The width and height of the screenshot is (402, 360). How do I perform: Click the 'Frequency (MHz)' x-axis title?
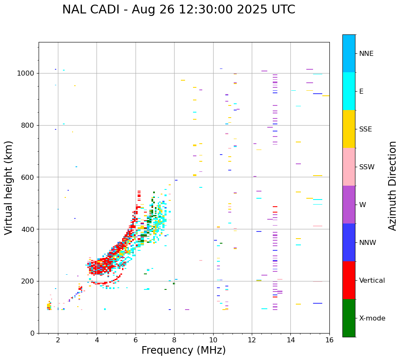pyautogui.click(x=183, y=350)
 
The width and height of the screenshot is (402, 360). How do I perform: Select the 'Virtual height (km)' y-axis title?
pyautogui.click(x=9, y=187)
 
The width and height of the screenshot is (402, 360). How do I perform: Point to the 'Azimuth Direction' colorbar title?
pyautogui.click(x=392, y=185)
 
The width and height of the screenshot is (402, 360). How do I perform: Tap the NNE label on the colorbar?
pyautogui.click(x=366, y=54)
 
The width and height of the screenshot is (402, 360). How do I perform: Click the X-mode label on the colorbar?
pyautogui.click(x=372, y=318)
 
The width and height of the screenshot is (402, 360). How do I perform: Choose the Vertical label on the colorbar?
pyautogui.click(x=372, y=281)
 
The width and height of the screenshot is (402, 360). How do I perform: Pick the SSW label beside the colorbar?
pyautogui.click(x=366, y=167)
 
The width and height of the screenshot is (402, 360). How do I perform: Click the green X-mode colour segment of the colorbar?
pyautogui.click(x=349, y=318)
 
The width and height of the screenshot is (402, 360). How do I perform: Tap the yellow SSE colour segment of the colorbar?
pyautogui.click(x=349, y=129)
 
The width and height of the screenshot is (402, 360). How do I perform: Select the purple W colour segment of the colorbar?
pyautogui.click(x=349, y=205)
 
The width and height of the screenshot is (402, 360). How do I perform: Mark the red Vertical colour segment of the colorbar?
pyautogui.click(x=349, y=280)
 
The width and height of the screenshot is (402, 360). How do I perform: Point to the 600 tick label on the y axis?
pyautogui.click(x=28, y=177)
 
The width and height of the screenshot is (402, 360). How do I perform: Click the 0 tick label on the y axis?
pyautogui.click(x=33, y=333)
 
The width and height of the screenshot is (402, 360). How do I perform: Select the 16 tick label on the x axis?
pyautogui.click(x=329, y=340)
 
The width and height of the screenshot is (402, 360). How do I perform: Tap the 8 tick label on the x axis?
pyautogui.click(x=174, y=340)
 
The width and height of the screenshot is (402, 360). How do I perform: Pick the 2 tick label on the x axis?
pyautogui.click(x=58, y=340)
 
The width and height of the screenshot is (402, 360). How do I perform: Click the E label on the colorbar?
pyautogui.click(x=361, y=92)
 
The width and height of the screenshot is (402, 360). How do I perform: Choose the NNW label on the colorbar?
pyautogui.click(x=367, y=243)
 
